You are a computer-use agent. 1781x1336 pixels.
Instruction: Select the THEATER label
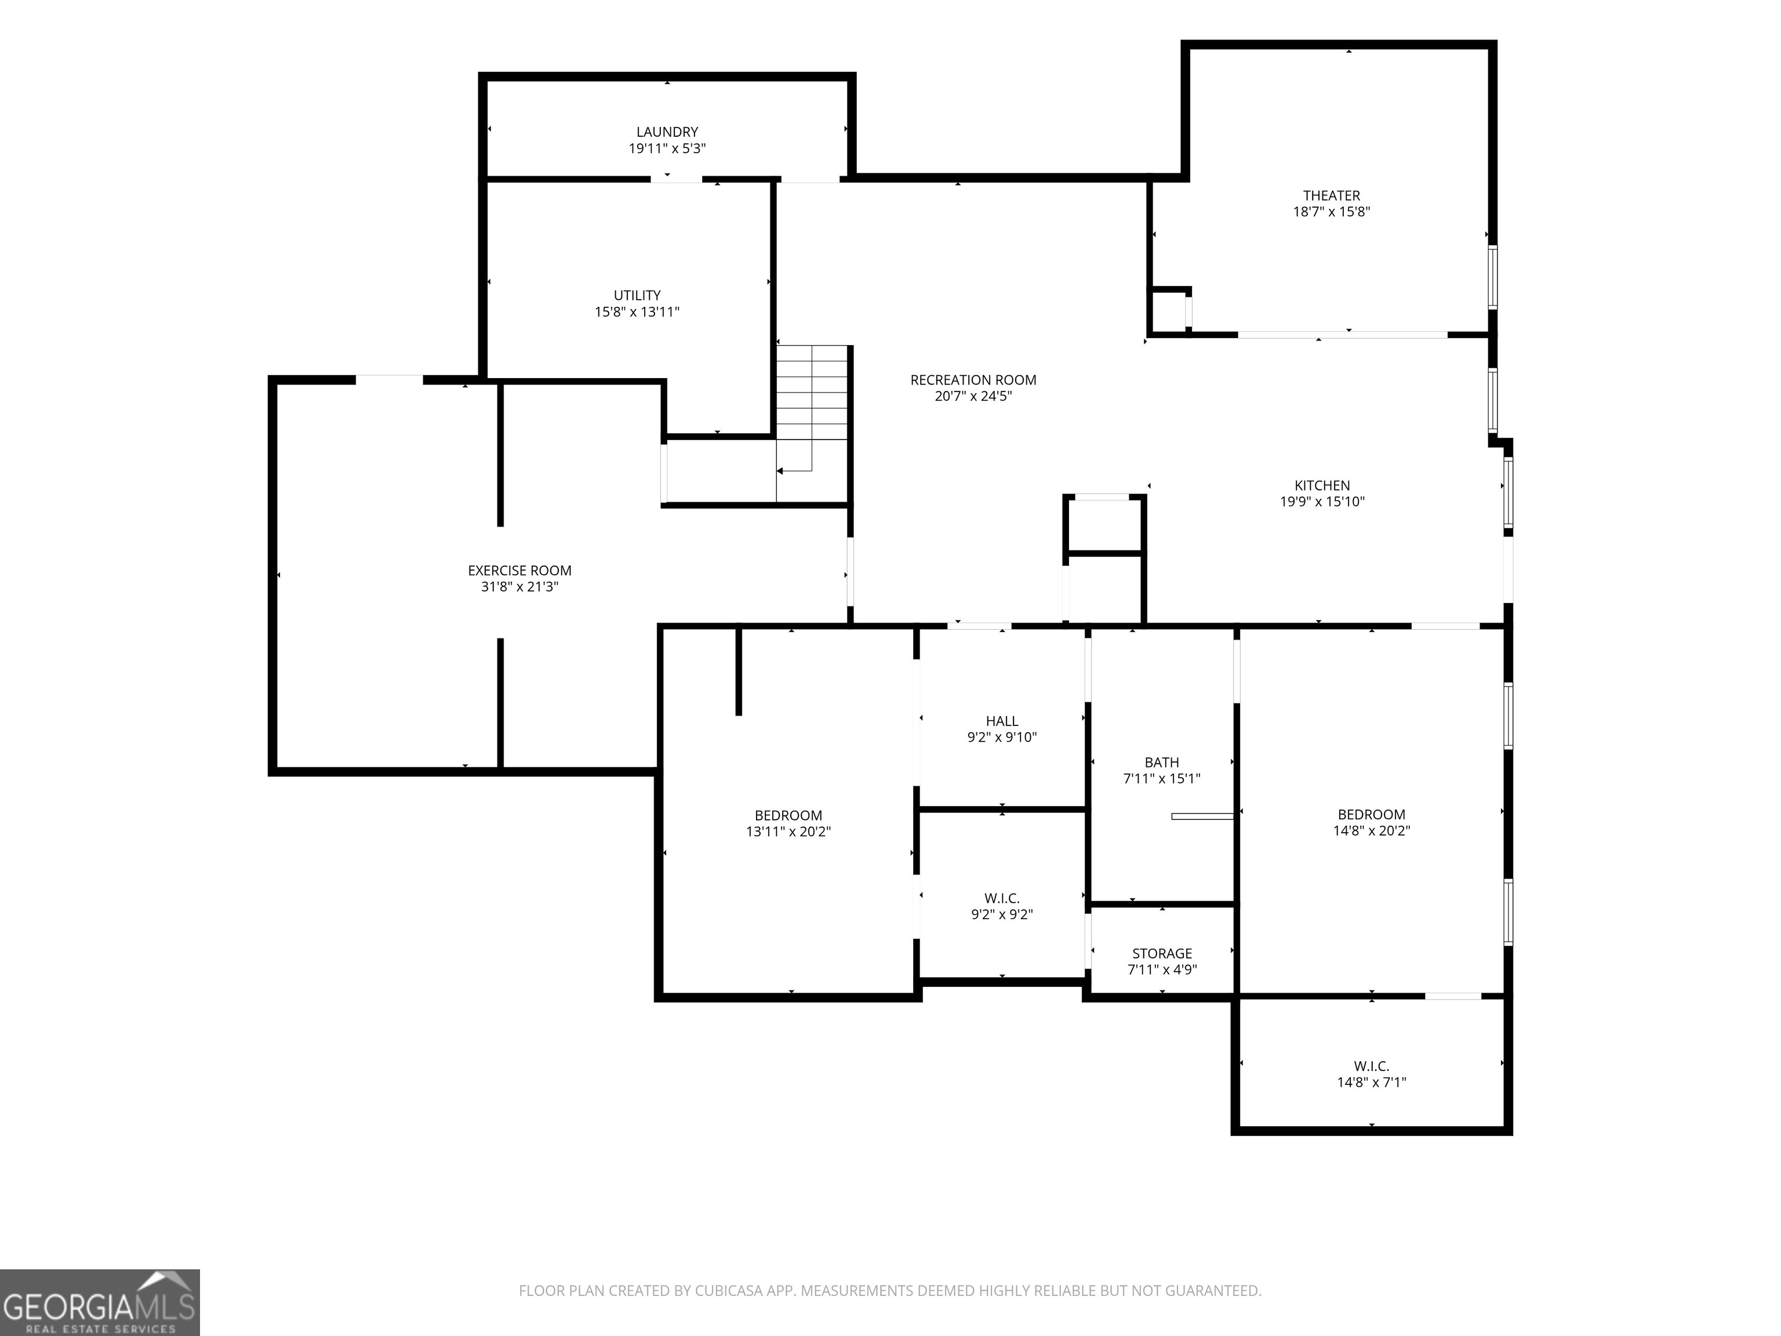(x=1332, y=195)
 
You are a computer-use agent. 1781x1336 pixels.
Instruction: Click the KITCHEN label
(x=1322, y=485)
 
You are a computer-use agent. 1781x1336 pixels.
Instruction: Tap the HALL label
(x=1002, y=721)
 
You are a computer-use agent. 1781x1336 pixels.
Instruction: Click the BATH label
(x=1162, y=763)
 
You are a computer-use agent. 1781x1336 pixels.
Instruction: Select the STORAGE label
(x=1162, y=953)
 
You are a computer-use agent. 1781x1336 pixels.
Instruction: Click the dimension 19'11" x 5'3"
(x=667, y=149)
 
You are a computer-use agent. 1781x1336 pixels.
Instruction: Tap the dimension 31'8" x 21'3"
(x=519, y=587)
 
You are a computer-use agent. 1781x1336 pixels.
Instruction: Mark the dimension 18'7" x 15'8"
(x=1332, y=212)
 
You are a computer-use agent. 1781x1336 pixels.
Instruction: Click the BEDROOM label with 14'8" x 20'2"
(x=1371, y=815)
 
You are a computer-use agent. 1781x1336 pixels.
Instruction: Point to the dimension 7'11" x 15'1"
(x=1162, y=779)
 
